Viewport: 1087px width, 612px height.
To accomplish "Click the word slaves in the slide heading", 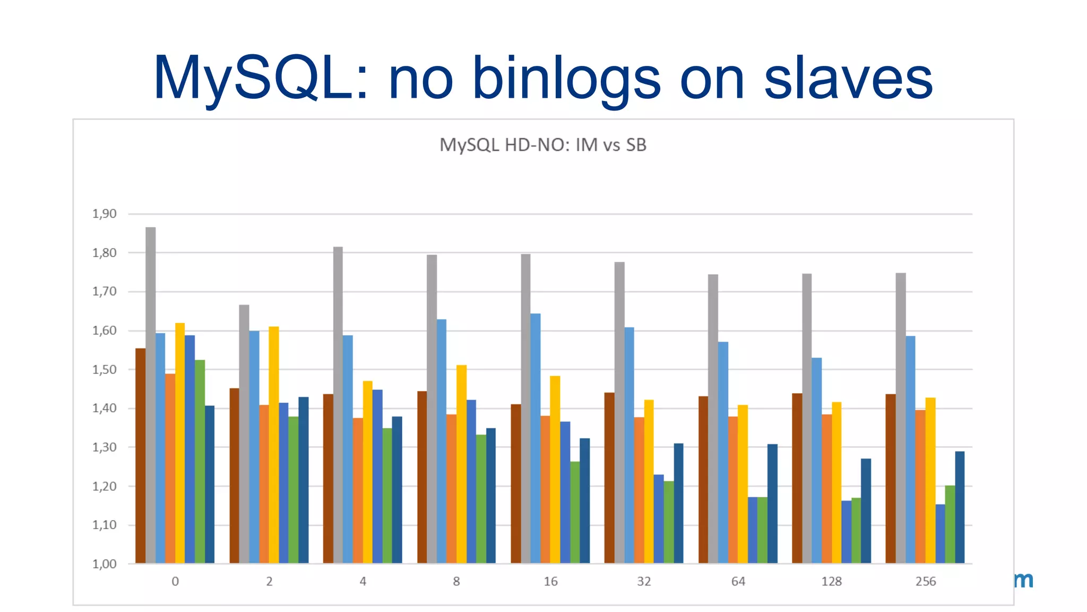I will (848, 79).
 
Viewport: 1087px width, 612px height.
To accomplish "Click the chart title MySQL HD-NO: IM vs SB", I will (542, 145).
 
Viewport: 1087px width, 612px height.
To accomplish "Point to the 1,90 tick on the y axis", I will (104, 214).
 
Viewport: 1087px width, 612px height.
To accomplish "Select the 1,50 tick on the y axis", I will (104, 369).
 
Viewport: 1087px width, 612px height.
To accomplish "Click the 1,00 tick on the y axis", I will (104, 564).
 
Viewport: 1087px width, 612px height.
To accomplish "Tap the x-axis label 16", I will (550, 581).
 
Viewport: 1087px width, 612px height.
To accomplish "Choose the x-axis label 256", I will (926, 581).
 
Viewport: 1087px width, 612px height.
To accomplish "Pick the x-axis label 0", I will (175, 581).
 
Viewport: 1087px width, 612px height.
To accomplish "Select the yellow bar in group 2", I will (274, 446).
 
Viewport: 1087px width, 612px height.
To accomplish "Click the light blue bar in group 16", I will (535, 438).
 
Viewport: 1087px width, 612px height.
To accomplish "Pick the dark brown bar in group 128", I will (797, 478).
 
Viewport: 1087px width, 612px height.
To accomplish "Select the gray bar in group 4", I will (338, 404).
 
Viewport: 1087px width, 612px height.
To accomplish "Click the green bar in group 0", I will (200, 462).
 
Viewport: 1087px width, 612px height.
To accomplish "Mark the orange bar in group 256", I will (920, 486).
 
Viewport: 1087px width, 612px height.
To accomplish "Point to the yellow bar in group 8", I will (461, 465).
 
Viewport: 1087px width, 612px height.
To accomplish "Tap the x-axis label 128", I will (831, 581).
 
